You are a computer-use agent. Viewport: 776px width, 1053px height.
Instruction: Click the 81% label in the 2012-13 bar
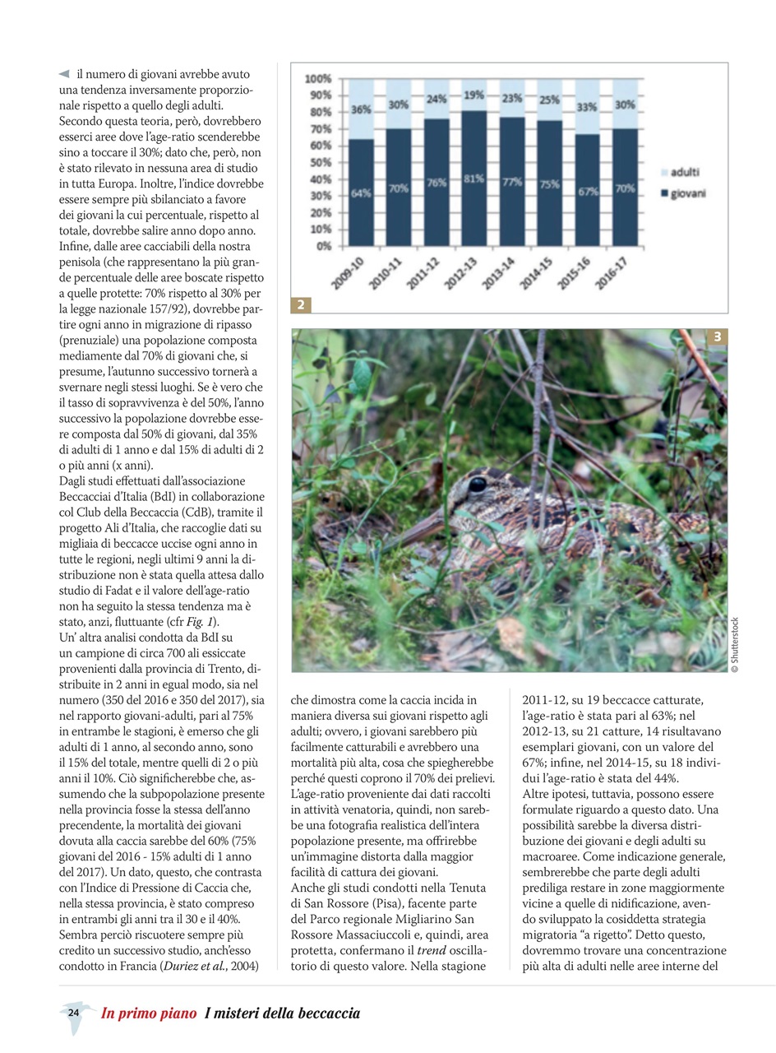pyautogui.click(x=473, y=178)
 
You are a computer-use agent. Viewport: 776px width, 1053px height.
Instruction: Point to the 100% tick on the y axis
pyautogui.click(x=318, y=79)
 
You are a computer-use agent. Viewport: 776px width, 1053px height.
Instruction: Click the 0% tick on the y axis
pyautogui.click(x=322, y=246)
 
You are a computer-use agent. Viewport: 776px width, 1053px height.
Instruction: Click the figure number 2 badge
pyautogui.click(x=302, y=305)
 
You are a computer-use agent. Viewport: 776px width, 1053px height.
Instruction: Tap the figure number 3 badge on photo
pyautogui.click(x=717, y=336)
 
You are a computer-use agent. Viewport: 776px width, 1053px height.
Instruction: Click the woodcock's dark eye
pyautogui.click(x=477, y=485)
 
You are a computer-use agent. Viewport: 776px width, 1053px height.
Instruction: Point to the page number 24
pyautogui.click(x=73, y=1013)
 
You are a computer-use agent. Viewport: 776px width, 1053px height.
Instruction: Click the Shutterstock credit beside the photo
pyautogui.click(x=735, y=647)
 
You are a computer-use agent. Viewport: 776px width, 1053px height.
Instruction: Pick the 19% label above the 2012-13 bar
pyautogui.click(x=473, y=95)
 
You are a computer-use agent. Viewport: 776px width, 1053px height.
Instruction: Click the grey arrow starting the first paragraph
pyautogui.click(x=64, y=75)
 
